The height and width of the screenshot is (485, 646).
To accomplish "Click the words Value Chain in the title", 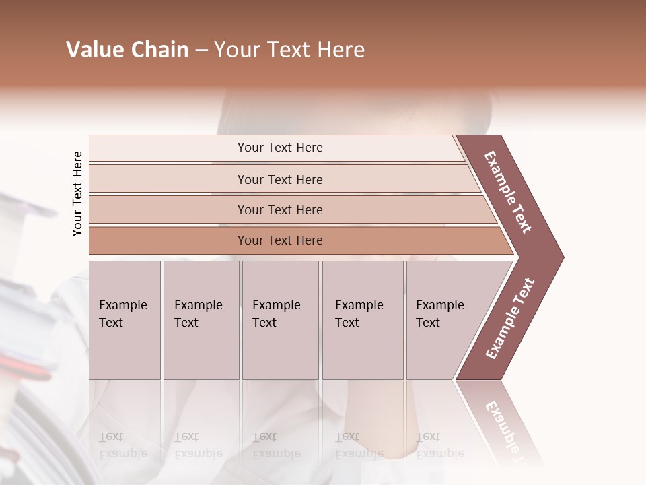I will pos(127,50).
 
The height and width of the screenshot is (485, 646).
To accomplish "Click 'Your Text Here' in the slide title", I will pos(289,50).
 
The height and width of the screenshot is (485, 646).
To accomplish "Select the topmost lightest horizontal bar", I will pos(279,148).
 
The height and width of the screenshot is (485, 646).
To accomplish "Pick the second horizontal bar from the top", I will pos(279,179).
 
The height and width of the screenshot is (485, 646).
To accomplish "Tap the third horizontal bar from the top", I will pos(279,209).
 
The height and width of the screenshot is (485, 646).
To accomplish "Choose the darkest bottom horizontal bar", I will pos(279,240).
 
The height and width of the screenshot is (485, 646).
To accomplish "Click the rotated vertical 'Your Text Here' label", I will pos(77,193).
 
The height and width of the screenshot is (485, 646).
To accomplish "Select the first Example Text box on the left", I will pos(124,320).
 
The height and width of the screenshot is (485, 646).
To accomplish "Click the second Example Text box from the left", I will pos(201,320).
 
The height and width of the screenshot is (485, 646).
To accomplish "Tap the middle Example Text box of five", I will pos(280,320).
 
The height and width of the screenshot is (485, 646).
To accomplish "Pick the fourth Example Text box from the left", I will pos(362,320).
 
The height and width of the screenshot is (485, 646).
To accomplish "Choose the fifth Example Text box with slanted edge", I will pos(444,320).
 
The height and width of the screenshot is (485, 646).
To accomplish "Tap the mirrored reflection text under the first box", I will pos(122,445).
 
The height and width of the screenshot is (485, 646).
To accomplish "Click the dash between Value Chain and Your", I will pos(201,51).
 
